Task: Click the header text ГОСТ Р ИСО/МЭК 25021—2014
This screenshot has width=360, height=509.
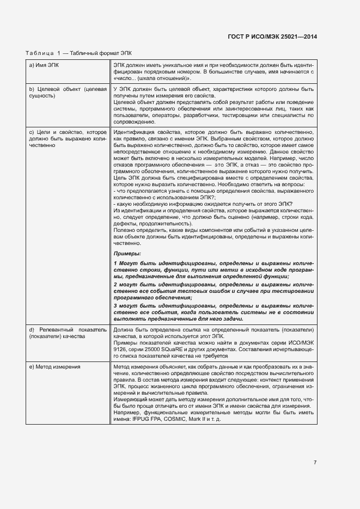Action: (272, 36)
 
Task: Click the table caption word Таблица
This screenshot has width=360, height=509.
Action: (40, 53)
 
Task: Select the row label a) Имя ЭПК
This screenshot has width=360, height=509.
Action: (44, 65)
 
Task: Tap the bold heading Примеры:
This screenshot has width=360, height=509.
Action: (127, 254)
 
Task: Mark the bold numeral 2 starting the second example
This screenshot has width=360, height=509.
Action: (115, 284)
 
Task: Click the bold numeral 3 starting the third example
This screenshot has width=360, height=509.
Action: (115, 306)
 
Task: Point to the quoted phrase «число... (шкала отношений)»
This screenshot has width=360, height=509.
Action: (145, 78)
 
